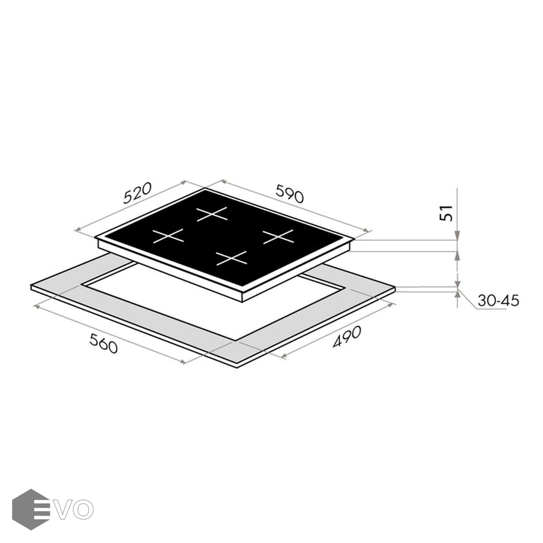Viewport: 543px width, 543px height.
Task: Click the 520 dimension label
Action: click(x=138, y=192)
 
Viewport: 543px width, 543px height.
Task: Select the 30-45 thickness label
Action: click(x=498, y=300)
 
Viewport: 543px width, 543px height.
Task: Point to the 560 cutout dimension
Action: click(x=104, y=343)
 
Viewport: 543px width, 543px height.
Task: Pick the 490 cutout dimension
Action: click(x=347, y=336)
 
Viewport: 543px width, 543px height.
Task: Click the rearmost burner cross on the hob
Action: click(x=212, y=214)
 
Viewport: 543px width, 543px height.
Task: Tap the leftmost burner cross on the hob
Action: click(x=168, y=235)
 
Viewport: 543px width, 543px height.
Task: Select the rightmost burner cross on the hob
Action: click(x=278, y=237)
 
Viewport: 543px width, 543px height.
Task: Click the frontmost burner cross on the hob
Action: click(x=231, y=258)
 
